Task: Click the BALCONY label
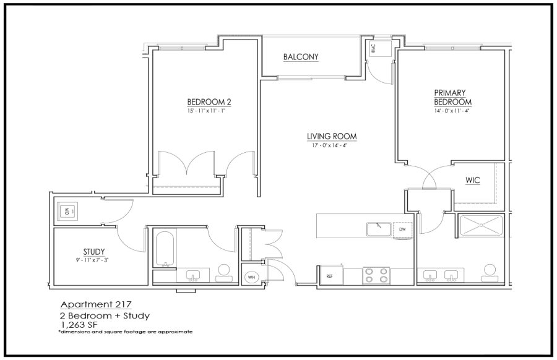coord(301,57)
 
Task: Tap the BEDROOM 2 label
coord(209,102)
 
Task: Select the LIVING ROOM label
coord(332,136)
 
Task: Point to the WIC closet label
coord(472,181)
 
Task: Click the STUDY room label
coord(94,252)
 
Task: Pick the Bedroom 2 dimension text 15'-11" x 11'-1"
coord(207,111)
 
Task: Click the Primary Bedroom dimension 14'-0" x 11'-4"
coord(452,111)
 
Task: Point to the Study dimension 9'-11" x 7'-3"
coord(92,260)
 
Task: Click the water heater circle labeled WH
coord(251,277)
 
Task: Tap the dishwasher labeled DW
coord(402,229)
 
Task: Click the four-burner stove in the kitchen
coord(376,275)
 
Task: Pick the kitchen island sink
coord(379,229)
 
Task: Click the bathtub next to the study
coord(165,249)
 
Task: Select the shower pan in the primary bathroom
coord(481,225)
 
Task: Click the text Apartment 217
coord(96,304)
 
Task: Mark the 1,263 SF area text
coord(80,324)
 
